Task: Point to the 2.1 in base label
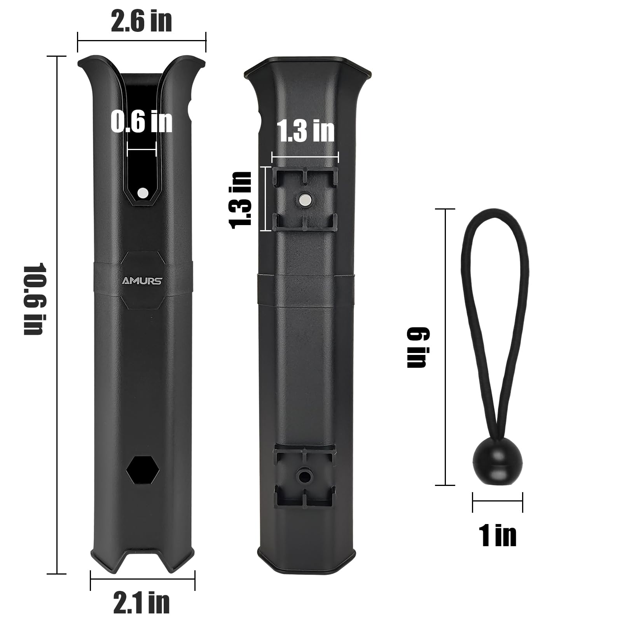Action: coord(142,602)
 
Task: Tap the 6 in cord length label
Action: coord(416,347)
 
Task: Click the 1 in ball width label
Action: coord(498,535)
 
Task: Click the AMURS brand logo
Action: coord(142,281)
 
